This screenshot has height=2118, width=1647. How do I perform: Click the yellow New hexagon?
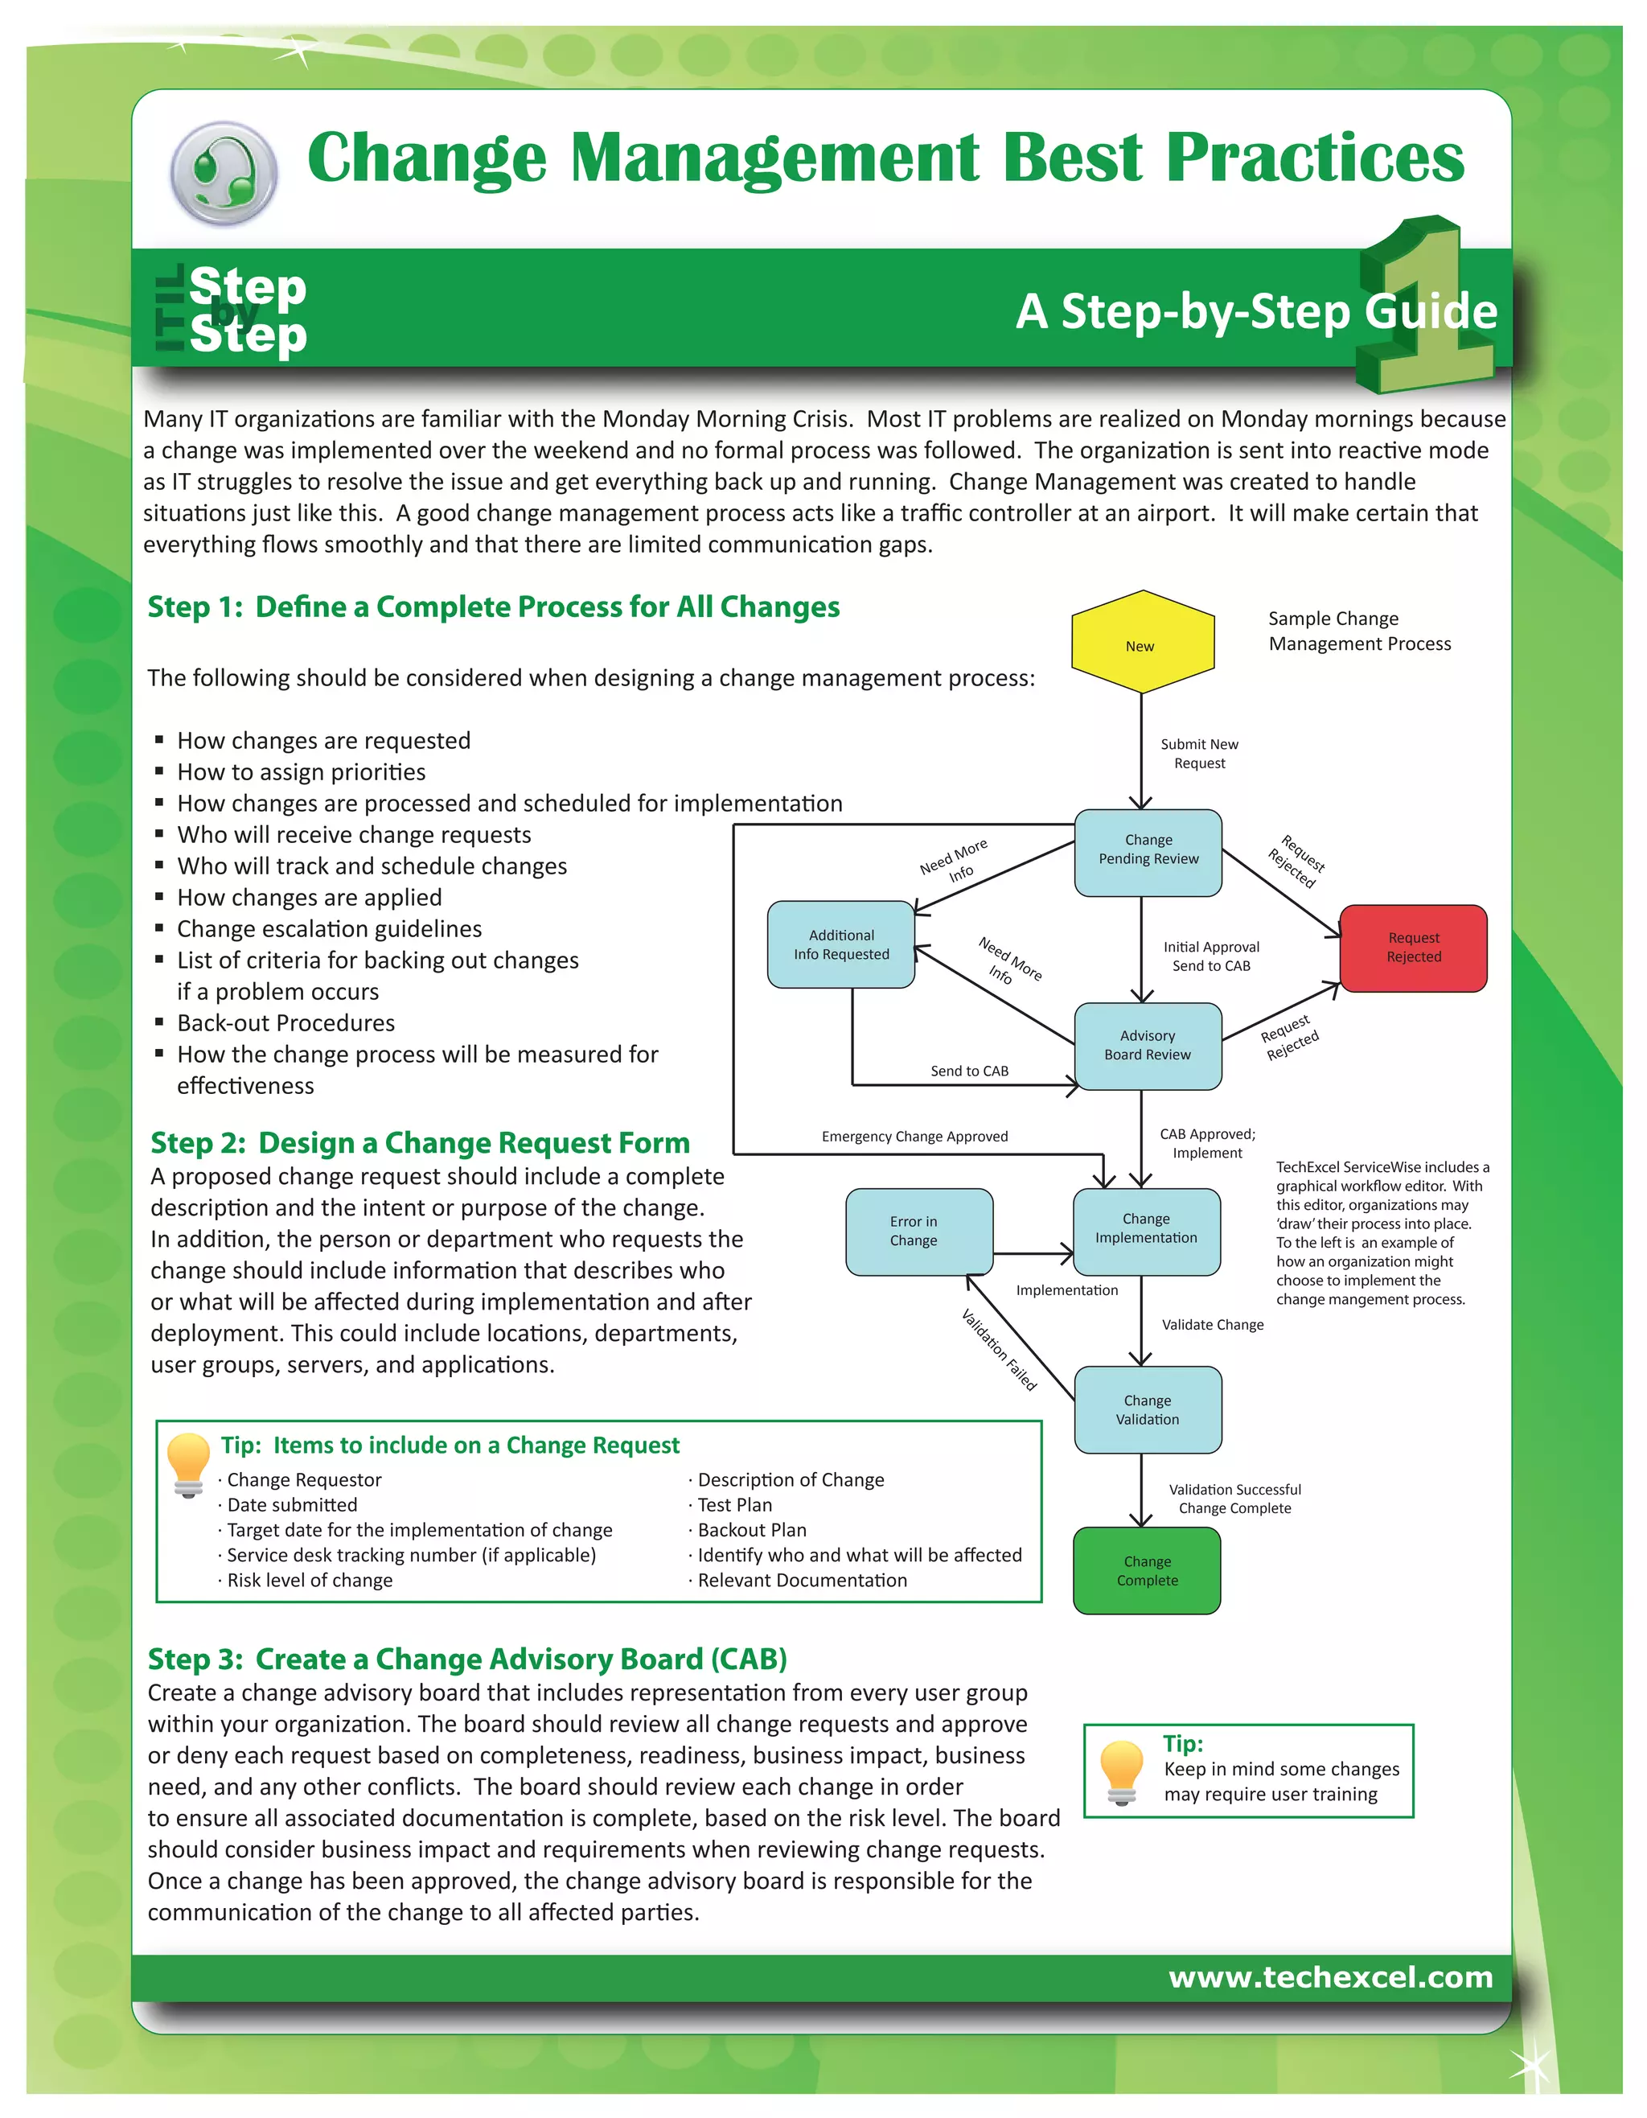point(1143,643)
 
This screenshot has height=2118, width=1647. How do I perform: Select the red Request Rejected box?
point(1412,948)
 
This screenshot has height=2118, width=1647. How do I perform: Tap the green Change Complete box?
point(1147,1570)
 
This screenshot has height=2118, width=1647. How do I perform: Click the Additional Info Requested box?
point(840,944)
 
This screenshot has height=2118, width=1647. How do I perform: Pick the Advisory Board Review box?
point(1147,1046)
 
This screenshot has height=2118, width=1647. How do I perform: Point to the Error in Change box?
point(918,1231)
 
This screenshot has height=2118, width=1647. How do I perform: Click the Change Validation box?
point(1147,1409)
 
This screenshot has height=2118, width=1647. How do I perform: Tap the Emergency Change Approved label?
point(914,1137)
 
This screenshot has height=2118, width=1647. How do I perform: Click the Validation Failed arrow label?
point(999,1349)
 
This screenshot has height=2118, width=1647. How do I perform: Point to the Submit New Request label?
point(1199,754)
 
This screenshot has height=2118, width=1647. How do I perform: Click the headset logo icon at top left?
point(224,173)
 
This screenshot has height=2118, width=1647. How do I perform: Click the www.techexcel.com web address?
point(1330,1976)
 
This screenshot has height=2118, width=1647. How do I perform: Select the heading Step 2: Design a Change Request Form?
point(420,1142)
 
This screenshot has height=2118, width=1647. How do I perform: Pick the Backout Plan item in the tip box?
point(751,1529)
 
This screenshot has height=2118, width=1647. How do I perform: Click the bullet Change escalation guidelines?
point(329,928)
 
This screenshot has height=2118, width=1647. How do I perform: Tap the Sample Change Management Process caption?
point(1359,631)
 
